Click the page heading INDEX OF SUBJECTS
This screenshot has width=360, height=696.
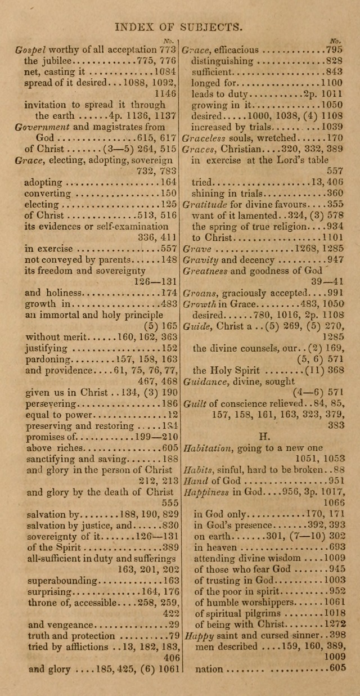[178, 26]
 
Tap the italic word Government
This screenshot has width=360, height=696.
[43, 127]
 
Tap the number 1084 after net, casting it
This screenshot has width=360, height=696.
[165, 72]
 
